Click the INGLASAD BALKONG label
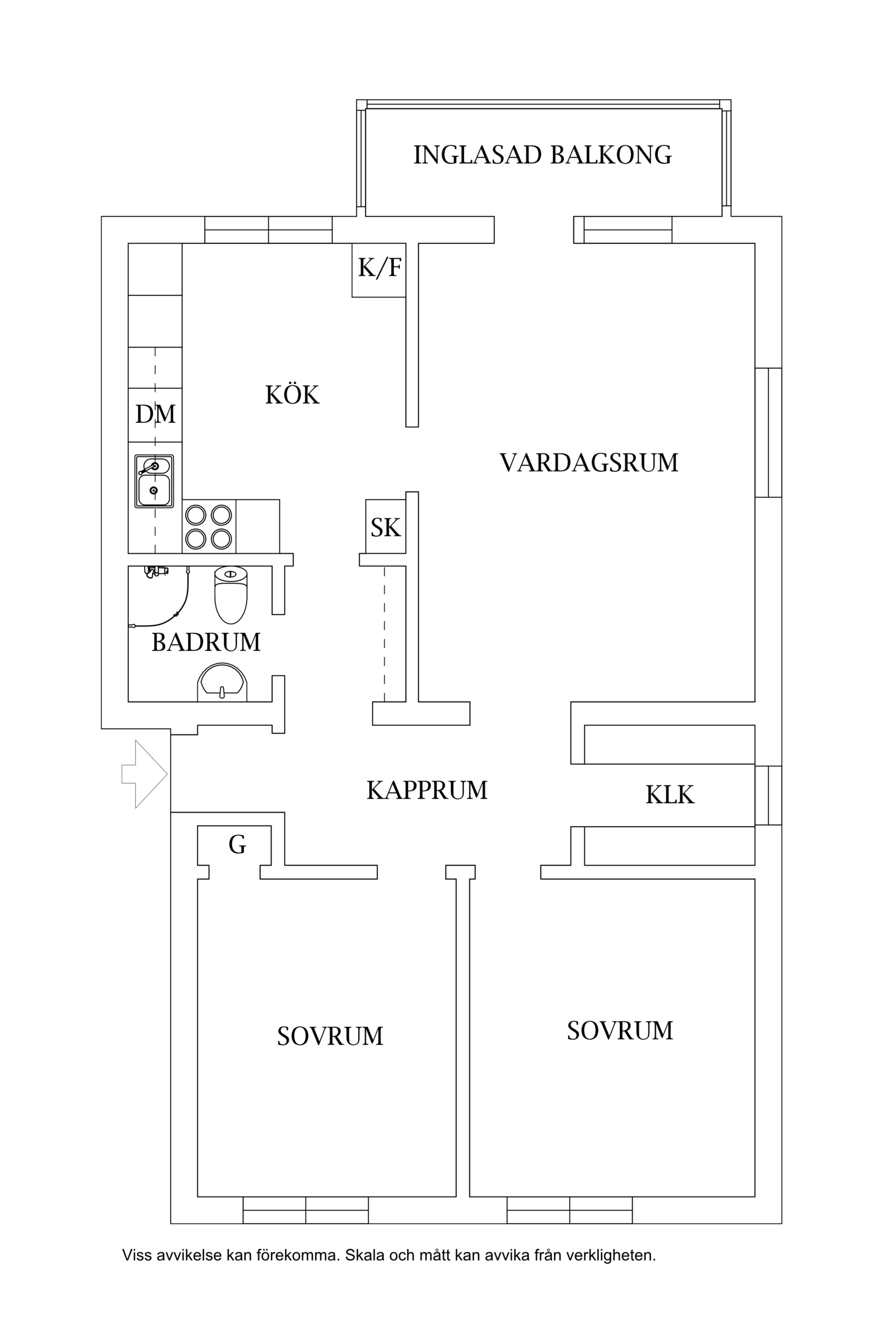pos(542,155)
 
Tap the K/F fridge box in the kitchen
pos(379,269)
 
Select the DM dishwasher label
pos(155,415)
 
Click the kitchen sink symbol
pos(154,481)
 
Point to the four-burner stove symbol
pos(209,526)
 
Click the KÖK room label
pos(292,395)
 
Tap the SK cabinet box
pos(386,527)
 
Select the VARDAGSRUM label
pos(589,463)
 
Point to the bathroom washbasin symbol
pos(222,682)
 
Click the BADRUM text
pos(206,642)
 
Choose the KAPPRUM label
pos(427,790)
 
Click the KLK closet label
pos(670,795)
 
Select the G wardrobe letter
pos(237,845)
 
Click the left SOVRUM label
pos(330,1036)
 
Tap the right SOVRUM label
pos(620,1030)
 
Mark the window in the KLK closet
pos(769,795)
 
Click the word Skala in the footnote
pos(365,1255)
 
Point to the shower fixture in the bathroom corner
pos(156,571)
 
